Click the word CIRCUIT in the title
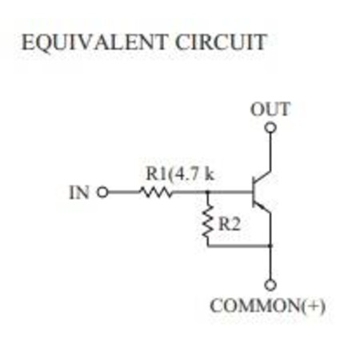point(221,42)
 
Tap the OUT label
point(270,110)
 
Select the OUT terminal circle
point(270,128)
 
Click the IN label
point(79,192)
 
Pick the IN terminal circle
point(102,192)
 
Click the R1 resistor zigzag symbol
point(156,192)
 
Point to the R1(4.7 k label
point(180,174)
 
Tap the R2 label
point(230,224)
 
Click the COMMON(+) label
point(267,306)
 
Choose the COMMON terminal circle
point(270,286)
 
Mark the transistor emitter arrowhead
point(264,207)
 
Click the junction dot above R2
point(208,191)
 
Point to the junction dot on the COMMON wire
point(270,246)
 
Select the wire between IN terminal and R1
point(124,192)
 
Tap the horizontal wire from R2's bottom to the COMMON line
point(239,246)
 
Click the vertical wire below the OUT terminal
point(270,151)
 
